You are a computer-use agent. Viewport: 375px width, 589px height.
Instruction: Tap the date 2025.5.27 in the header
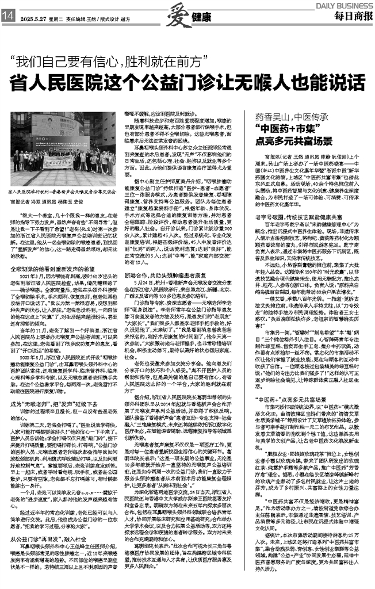(x=33, y=17)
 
